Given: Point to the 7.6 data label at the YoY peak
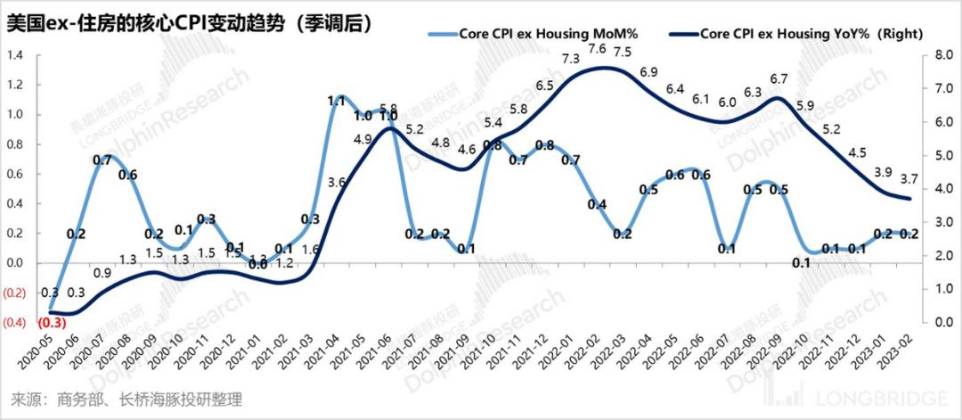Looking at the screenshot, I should tap(598, 48).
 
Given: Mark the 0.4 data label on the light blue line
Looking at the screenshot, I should tap(598, 204).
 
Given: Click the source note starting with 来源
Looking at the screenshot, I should tap(125, 399).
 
